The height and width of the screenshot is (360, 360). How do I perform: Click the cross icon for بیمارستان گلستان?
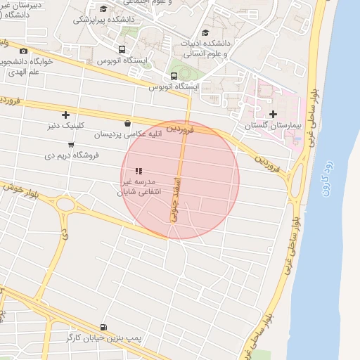click(273, 114)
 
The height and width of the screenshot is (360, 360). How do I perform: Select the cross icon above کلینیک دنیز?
click(65, 114)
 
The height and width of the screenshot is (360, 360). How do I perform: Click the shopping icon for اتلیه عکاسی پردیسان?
click(127, 122)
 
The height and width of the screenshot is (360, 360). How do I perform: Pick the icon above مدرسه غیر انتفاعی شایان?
click(139, 171)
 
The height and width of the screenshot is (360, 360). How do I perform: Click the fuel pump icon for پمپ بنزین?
click(105, 327)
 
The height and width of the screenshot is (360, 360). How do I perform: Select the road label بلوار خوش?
click(18, 188)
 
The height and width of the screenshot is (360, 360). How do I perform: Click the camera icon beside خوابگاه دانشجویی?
click(24, 51)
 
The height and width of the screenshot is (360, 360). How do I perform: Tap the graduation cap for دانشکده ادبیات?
click(205, 32)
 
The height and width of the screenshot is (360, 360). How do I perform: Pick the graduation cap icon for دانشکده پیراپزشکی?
click(104, 9)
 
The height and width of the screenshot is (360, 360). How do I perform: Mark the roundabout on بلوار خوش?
click(66, 205)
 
